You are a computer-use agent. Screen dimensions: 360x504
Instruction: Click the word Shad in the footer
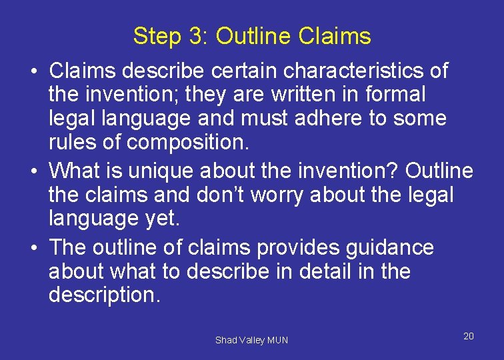coord(225,340)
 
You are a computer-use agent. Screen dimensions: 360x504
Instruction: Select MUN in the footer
coord(277,340)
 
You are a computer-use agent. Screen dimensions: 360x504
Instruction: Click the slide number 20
coord(469,336)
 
